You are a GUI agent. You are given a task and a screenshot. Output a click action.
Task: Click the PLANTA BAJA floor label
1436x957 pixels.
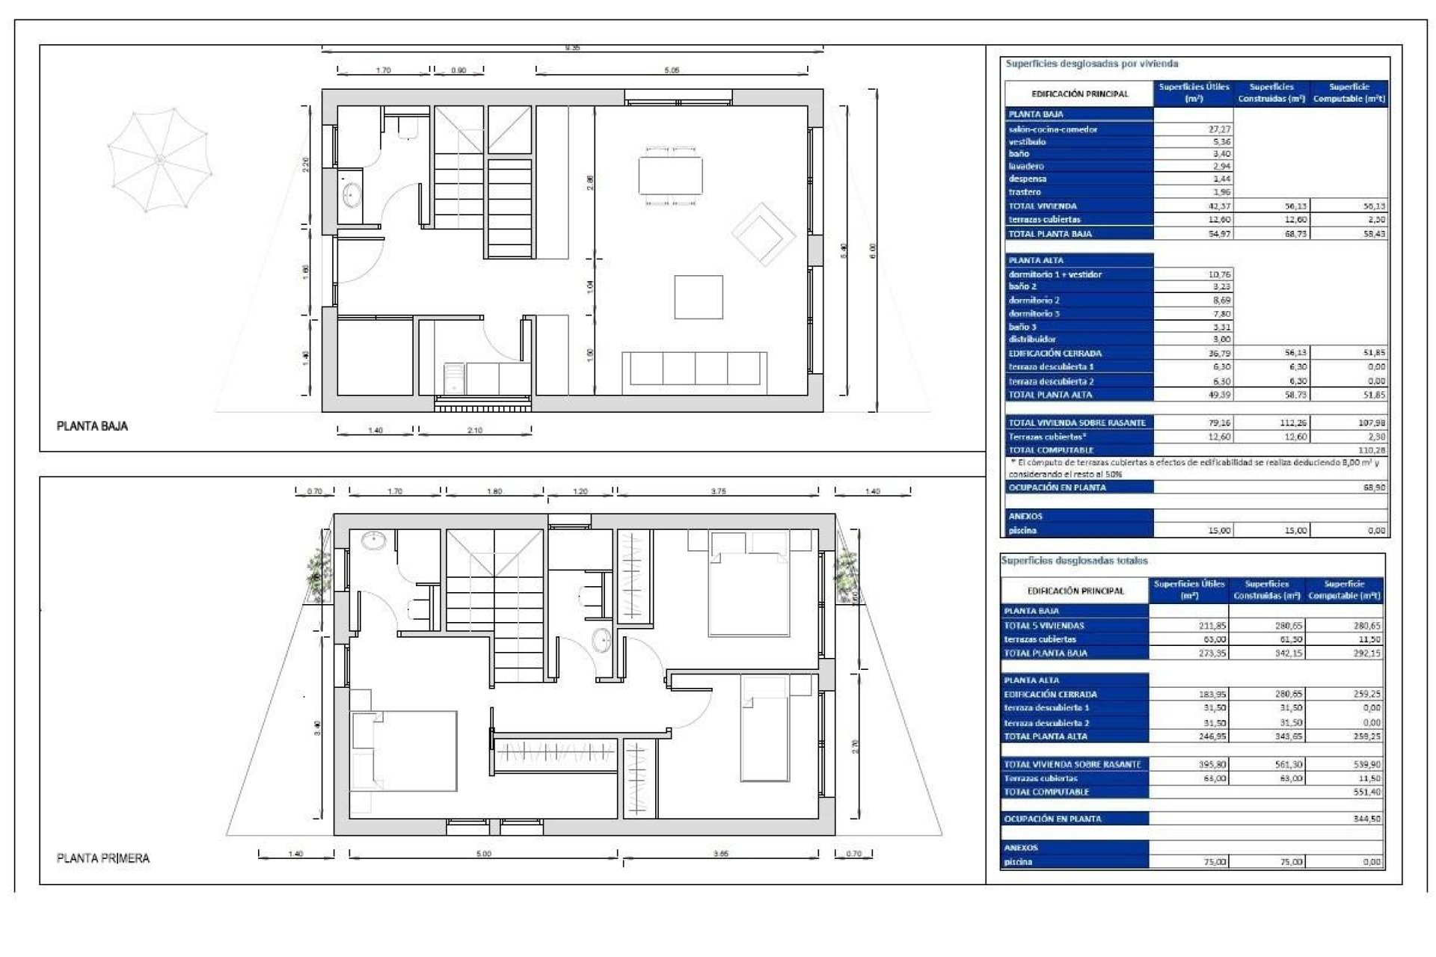click(92, 426)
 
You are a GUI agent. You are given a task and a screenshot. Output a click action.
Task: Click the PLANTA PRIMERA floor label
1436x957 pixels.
click(102, 858)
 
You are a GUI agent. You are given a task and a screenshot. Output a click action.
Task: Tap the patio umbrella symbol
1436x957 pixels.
click(159, 159)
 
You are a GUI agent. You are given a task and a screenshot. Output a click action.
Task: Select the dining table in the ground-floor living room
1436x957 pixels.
click(670, 175)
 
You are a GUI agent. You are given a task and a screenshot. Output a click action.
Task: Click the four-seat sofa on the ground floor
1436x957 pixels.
click(695, 368)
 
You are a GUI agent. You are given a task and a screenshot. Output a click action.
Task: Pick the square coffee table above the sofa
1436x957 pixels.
click(699, 297)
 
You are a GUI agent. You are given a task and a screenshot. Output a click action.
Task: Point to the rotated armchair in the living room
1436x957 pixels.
click(763, 233)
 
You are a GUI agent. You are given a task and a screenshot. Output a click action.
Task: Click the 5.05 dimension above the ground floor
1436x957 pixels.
click(672, 70)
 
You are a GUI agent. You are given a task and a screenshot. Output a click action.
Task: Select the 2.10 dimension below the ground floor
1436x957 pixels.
click(474, 431)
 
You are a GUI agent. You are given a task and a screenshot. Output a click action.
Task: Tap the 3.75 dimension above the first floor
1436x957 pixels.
click(717, 491)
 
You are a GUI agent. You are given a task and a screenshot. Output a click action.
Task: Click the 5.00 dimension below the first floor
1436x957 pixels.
click(483, 854)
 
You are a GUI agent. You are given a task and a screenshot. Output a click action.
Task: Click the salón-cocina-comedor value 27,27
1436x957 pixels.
click(1219, 129)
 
